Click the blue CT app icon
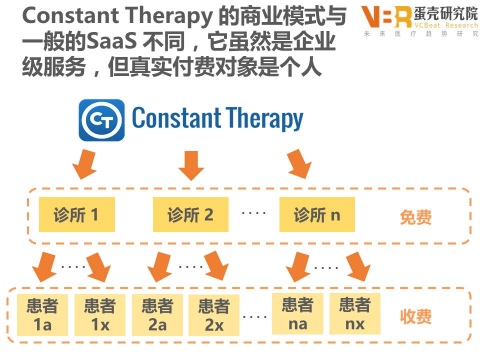coord(101,120)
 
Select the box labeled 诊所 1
coord(76,214)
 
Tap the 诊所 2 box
coord(190,214)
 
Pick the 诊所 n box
coord(317,214)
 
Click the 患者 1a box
coord(42,315)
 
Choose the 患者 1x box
coord(99,315)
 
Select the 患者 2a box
coord(157,315)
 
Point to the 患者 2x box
coord(214,315)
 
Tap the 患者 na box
coord(297,314)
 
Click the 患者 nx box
coord(355,314)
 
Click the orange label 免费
coord(415,217)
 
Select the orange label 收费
coord(415,316)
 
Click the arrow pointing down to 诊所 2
coord(191,165)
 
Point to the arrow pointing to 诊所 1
coord(84,165)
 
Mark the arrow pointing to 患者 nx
coord(358,266)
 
